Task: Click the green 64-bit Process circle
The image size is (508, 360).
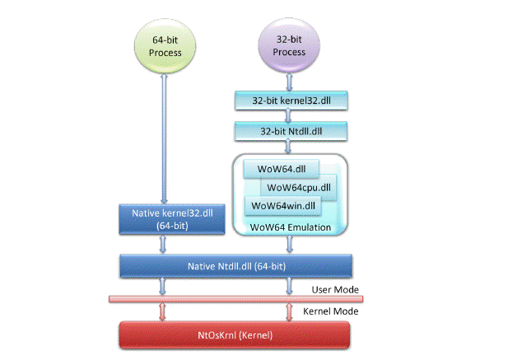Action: click(x=165, y=46)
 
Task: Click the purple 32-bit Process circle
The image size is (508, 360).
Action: click(x=289, y=45)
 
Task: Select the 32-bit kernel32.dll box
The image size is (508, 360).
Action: click(x=291, y=101)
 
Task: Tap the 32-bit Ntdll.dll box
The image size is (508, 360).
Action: click(x=291, y=131)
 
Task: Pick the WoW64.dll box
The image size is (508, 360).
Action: click(x=282, y=169)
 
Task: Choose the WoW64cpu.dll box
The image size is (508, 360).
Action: click(x=298, y=187)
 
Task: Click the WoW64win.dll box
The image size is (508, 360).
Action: click(x=283, y=206)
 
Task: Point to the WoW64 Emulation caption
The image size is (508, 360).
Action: click(x=291, y=227)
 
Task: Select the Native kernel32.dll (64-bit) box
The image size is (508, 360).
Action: click(x=172, y=219)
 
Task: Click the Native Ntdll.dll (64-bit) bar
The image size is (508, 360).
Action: click(x=235, y=266)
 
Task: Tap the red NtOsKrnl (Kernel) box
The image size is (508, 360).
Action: click(x=235, y=335)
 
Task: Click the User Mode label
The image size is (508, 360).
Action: click(x=335, y=290)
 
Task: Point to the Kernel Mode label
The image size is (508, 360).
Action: click(x=330, y=311)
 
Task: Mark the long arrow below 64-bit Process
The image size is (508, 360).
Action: click(x=164, y=138)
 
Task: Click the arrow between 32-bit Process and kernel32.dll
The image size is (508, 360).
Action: click(x=289, y=82)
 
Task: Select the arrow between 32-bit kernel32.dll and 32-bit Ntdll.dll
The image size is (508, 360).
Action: click(x=288, y=116)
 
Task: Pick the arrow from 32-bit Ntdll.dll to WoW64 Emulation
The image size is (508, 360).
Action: click(x=288, y=147)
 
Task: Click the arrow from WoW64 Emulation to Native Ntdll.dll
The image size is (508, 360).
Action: click(x=290, y=245)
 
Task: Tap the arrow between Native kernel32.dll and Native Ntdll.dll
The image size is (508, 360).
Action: click(x=163, y=244)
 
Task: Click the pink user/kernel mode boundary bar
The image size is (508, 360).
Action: click(x=235, y=299)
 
